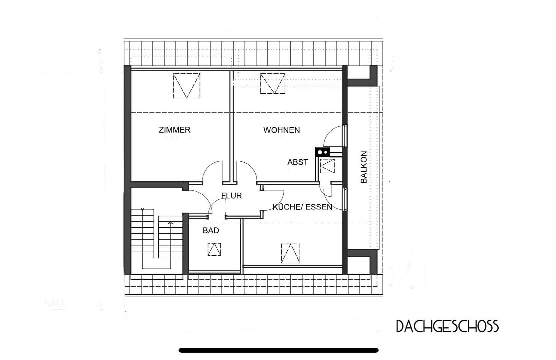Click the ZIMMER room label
pyautogui.click(x=174, y=130)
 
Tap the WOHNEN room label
pyautogui.click(x=281, y=130)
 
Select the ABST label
pyautogui.click(x=298, y=162)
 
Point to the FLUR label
pyautogui.click(x=232, y=196)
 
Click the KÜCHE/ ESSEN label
pyautogui.click(x=302, y=207)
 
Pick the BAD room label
pyautogui.click(x=211, y=230)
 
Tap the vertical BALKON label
pyautogui.click(x=364, y=167)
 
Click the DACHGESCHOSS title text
pyautogui.click(x=447, y=326)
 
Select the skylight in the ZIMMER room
pyautogui.click(x=186, y=86)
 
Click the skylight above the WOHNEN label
pyautogui.click(x=273, y=83)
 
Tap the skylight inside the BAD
pyautogui.click(x=214, y=249)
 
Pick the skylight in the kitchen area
pyautogui.click(x=290, y=253)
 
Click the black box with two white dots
pyautogui.click(x=322, y=152)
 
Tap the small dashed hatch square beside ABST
pyautogui.click(x=327, y=166)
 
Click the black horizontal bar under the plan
pyautogui.click(x=278, y=350)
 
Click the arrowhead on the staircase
pyautogui.click(x=170, y=223)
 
